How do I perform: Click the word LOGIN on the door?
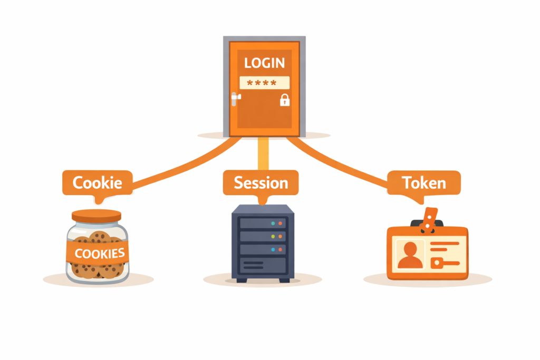coord(264,63)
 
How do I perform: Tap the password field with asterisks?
coord(264,83)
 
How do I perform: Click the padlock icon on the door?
coord(284,100)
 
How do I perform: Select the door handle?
coord(236,97)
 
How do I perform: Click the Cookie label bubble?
coord(97,183)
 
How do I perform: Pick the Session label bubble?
coord(261,183)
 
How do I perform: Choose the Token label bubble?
coord(423,183)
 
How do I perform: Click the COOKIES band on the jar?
coord(100,253)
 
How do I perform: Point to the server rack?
coord(263,242)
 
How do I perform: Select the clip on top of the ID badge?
coord(430,219)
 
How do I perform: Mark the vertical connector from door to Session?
coord(263,153)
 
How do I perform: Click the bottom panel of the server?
coord(263,264)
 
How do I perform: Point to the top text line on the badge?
coord(446,244)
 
